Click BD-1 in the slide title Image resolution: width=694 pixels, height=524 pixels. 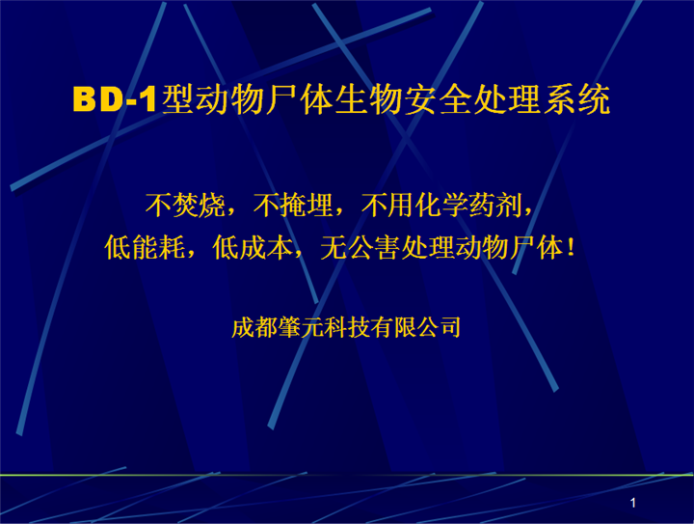click(x=115, y=98)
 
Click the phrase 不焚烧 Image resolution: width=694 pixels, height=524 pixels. click(x=185, y=206)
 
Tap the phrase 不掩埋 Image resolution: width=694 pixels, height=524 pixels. click(x=293, y=206)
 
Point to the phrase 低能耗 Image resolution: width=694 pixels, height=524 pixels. click(x=145, y=247)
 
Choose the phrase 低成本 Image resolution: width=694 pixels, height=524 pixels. click(x=253, y=247)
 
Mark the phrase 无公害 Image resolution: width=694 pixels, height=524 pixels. click(x=360, y=247)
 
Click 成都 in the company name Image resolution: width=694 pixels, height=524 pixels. click(x=254, y=328)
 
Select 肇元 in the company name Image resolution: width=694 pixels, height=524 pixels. click(x=301, y=328)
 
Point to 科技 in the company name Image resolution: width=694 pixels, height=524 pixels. click(x=347, y=328)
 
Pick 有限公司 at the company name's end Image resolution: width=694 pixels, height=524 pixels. click(x=415, y=328)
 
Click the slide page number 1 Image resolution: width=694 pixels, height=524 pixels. click(x=633, y=503)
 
